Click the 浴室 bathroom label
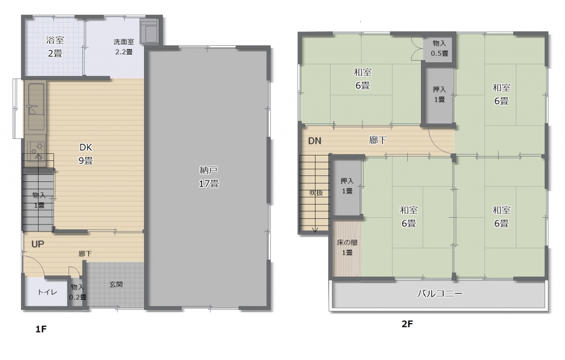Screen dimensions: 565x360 [x=55, y=40]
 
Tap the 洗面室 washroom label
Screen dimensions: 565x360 [x=124, y=42]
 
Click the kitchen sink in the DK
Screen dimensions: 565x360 [x=36, y=106]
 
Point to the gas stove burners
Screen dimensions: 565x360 [x=36, y=151]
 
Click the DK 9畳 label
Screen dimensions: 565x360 [x=86, y=154]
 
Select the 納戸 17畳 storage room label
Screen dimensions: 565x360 [x=209, y=176]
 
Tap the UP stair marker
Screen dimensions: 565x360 [x=38, y=244]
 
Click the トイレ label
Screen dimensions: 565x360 [x=47, y=292]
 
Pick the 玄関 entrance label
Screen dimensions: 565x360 [x=116, y=284]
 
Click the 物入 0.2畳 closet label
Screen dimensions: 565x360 [x=77, y=292]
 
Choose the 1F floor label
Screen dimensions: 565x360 [x=41, y=329]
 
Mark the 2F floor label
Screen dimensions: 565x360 [x=407, y=324]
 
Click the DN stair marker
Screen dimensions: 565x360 [x=315, y=141]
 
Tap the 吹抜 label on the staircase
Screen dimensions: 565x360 [x=316, y=192]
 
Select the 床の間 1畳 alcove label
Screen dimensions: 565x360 [x=347, y=248]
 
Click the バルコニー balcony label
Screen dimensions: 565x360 [x=440, y=294]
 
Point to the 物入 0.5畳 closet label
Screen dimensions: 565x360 [x=439, y=49]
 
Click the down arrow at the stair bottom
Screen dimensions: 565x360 [x=315, y=230]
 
